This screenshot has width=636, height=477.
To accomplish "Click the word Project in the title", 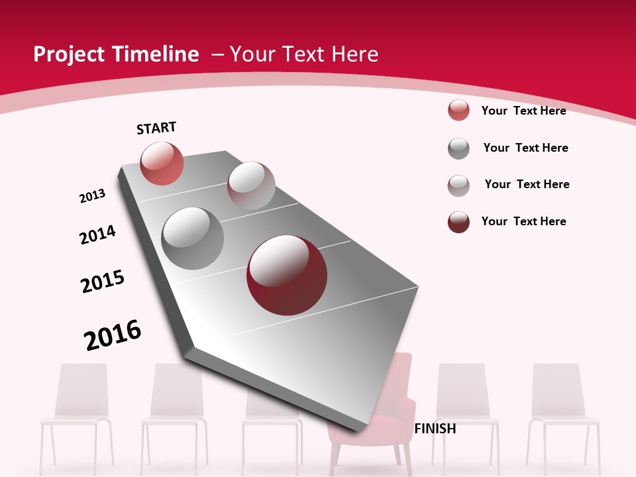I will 67,54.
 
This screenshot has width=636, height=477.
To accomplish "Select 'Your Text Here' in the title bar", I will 303,54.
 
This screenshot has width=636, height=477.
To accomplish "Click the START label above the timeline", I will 156,128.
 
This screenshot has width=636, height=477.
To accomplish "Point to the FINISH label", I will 435,429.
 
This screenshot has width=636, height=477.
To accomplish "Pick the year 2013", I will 93,196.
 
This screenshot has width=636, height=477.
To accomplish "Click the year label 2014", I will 98,235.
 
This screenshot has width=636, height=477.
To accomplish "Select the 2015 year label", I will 103,282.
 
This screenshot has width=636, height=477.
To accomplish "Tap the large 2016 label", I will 113,335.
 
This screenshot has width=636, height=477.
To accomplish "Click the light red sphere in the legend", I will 458,110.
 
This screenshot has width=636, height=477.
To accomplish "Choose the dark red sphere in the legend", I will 458,222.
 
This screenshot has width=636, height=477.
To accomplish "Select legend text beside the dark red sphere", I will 523,221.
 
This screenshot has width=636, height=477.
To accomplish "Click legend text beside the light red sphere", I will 523,111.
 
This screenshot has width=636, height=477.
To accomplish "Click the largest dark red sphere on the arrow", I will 287,275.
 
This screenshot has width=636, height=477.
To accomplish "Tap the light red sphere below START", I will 162,163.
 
